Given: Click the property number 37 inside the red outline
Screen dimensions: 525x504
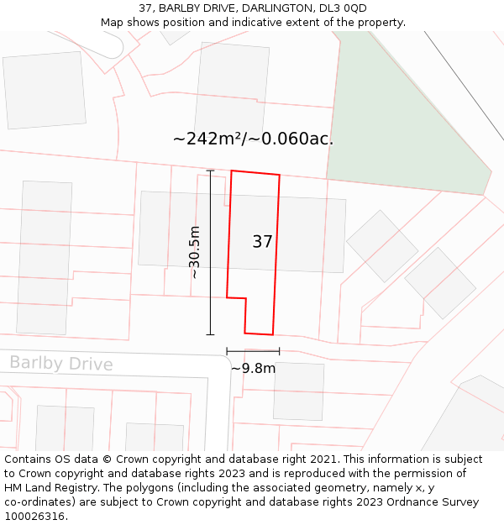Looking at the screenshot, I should [x=262, y=242].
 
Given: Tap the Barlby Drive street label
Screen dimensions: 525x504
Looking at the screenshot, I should [x=60, y=364].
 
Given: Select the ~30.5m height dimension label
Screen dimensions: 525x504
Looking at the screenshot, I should [x=194, y=252].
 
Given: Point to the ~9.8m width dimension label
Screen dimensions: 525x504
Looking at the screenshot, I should [x=253, y=368].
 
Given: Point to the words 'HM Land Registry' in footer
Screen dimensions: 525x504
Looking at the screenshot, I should [x=47, y=488].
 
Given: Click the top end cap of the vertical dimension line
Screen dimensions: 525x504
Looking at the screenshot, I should [x=210, y=171].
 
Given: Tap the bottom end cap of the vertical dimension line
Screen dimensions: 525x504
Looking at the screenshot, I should [x=210, y=334].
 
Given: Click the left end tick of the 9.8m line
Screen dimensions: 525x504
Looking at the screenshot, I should [x=227, y=351].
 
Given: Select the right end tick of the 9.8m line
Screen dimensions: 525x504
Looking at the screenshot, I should [x=279, y=351].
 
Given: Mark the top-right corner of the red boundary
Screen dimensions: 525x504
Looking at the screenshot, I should [x=279, y=176].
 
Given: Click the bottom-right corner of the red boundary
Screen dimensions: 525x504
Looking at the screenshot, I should [x=274, y=334].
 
